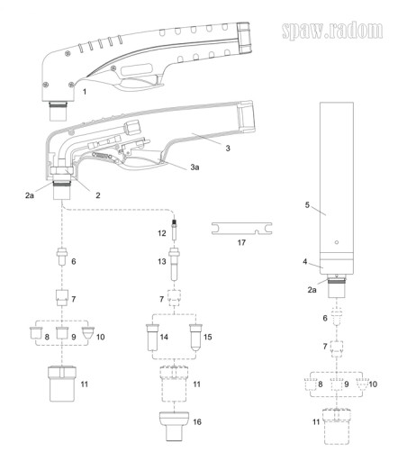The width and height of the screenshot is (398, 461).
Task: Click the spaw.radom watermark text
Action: [x=332, y=31]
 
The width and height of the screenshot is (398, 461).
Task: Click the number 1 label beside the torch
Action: [x=85, y=91]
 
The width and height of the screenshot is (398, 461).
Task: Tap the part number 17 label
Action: [x=241, y=242]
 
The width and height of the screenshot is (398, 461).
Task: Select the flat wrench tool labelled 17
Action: [x=241, y=229]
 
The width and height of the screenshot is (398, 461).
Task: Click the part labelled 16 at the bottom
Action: [x=174, y=426]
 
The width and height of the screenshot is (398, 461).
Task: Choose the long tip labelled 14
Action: [x=152, y=337]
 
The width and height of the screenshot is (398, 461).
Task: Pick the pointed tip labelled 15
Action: [x=196, y=338]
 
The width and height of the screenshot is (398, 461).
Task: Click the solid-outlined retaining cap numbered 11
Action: [x=62, y=384]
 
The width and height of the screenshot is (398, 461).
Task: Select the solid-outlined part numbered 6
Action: [x=62, y=257]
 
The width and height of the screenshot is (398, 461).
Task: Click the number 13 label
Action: [x=162, y=261]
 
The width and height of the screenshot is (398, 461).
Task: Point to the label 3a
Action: [x=194, y=167]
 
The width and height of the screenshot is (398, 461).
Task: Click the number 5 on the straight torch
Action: [x=307, y=205]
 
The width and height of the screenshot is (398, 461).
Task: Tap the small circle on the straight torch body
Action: [x=337, y=242]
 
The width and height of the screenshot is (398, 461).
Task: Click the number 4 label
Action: [x=305, y=261]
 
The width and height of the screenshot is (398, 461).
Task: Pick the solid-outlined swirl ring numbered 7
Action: [x=62, y=297]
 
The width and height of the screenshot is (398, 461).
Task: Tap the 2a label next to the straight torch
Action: [x=312, y=290]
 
